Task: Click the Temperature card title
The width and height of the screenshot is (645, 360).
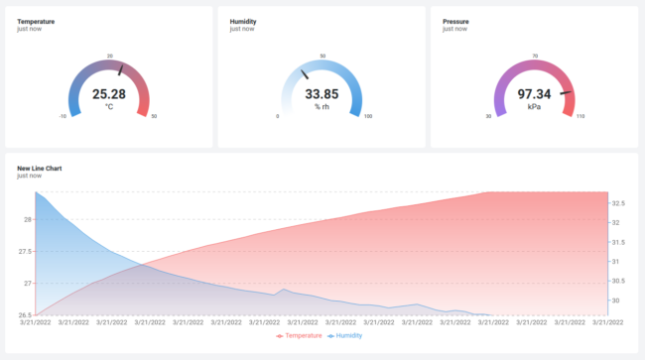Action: pos(36,21)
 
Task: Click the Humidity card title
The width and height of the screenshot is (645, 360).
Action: pos(243,21)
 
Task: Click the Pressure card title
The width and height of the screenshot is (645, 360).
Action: pos(455,21)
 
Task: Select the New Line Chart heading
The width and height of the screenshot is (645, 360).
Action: pos(40,169)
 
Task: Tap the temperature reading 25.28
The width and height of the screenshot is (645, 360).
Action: pos(109,94)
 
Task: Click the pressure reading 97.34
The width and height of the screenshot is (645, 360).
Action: pos(534,94)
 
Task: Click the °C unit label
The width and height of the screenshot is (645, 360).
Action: pos(109,106)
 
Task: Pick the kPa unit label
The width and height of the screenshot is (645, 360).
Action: pos(534,106)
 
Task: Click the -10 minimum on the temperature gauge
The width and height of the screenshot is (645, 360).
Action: pos(64,117)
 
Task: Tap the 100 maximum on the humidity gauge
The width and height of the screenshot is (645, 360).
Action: pos(368,117)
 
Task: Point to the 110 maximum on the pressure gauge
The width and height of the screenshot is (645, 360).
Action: pos(580,117)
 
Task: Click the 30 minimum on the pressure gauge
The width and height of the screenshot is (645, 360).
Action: pos(488,117)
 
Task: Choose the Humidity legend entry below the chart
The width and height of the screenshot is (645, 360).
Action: pos(344,336)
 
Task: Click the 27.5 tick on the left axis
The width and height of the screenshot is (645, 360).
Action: pos(26,251)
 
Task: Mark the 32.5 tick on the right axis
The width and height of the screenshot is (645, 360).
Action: pos(617,203)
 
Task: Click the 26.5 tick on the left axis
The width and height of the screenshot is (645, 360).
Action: pos(26,315)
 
